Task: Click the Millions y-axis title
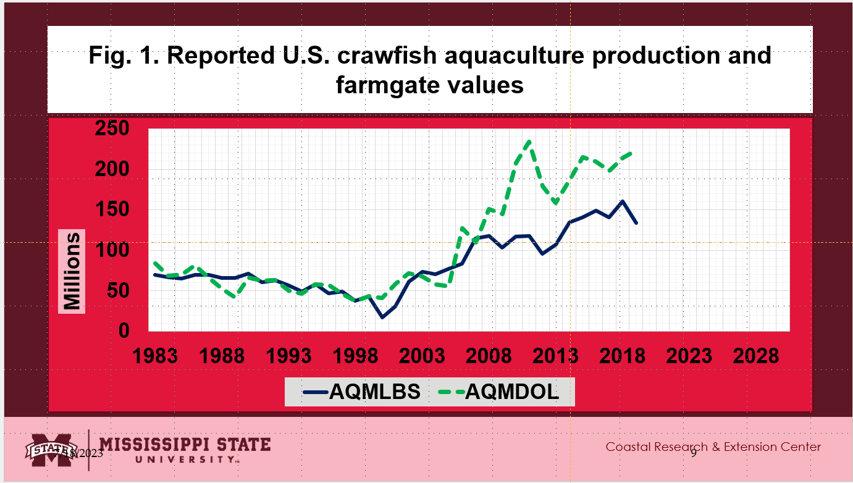72,271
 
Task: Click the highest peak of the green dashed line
529,141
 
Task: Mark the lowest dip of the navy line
382,317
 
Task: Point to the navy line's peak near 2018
623,201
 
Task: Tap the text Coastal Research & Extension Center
713,447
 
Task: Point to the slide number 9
694,453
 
